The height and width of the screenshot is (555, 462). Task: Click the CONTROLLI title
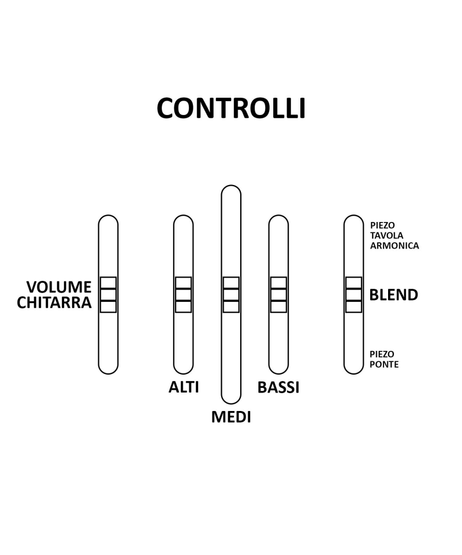pos(231,109)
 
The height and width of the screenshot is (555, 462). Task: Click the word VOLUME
pos(59,287)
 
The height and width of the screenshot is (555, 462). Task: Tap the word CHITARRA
pos(54,302)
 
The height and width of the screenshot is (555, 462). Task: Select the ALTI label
pos(184,387)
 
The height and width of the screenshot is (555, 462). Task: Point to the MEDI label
pos(231,417)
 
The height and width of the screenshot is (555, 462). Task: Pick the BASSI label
pos(278,387)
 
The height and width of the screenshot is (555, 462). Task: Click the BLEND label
pos(394,295)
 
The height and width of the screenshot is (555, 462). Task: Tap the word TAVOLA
pos(387,236)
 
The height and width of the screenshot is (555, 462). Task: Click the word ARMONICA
pos(394,246)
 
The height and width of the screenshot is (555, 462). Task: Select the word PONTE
pos(384,365)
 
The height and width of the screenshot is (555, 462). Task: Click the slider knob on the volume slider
pos(108,295)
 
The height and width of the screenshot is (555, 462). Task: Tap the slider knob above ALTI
pos(183,295)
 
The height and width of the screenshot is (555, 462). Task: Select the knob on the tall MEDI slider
pos(231,295)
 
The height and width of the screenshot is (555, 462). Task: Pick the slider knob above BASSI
pos(278,295)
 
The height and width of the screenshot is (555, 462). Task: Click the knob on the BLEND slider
pos(353,295)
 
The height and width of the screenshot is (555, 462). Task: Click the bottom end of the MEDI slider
pos(231,399)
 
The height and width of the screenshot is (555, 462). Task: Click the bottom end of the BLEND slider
pos(353,369)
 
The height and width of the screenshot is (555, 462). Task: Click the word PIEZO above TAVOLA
pos(382,225)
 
